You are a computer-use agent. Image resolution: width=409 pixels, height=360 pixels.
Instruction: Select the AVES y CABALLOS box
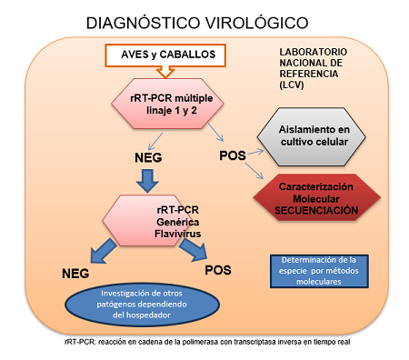(x=168, y=55)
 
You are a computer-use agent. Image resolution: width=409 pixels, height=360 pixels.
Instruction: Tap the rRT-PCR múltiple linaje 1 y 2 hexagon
(x=169, y=103)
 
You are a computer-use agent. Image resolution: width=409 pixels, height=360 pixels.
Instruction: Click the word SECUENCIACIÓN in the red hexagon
(x=312, y=210)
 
